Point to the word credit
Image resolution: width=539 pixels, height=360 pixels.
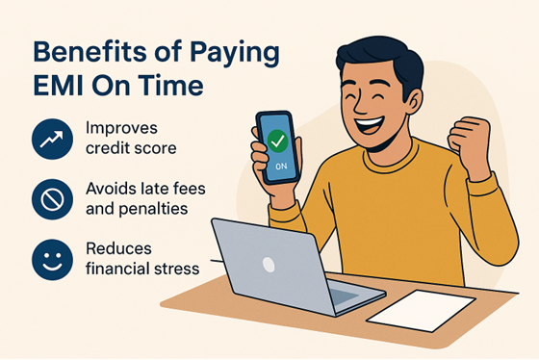108,149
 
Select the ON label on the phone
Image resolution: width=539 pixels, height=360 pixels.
281,166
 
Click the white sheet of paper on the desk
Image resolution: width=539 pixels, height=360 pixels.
421,309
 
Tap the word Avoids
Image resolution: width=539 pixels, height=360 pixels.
111,188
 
